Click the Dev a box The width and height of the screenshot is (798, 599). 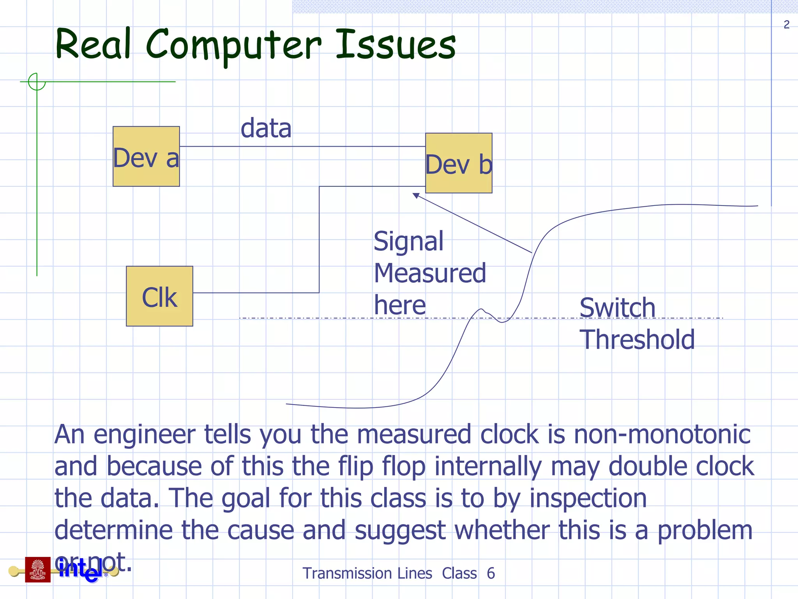point(146,156)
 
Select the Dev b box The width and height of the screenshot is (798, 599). point(459,163)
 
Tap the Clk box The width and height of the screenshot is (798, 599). point(159,296)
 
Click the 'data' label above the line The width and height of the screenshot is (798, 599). point(266,128)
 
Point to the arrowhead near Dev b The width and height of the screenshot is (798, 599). point(416,195)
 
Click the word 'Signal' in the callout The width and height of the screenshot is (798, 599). point(408,241)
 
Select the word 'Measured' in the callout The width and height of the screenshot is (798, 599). point(430,273)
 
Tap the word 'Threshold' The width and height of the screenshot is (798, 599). point(637,339)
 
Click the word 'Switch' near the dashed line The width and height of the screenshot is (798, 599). point(617,308)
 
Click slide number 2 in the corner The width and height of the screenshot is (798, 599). point(786,25)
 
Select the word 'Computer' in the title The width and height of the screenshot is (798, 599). point(234,46)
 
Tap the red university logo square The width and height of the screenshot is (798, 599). point(38,569)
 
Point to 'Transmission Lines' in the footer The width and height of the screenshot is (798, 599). point(367,574)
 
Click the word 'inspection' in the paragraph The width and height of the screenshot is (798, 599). point(588,498)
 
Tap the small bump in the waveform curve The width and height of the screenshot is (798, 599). point(482,311)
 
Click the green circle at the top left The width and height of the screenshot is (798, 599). point(37,82)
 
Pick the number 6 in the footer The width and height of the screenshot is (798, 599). point(491,574)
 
